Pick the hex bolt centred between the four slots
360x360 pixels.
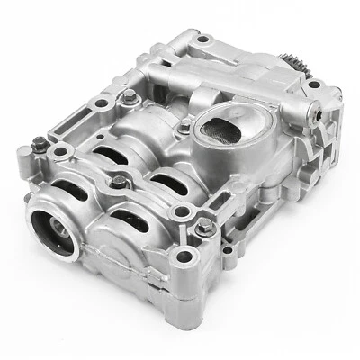118,186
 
